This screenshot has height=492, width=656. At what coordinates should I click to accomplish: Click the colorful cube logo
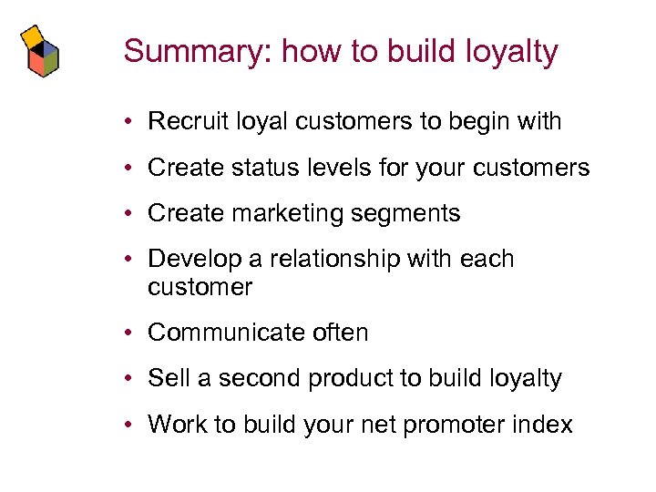41,51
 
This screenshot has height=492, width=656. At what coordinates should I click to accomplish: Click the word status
260,168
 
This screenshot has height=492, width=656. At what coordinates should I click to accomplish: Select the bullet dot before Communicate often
132,333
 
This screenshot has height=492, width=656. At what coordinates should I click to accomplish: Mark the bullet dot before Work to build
132,425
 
